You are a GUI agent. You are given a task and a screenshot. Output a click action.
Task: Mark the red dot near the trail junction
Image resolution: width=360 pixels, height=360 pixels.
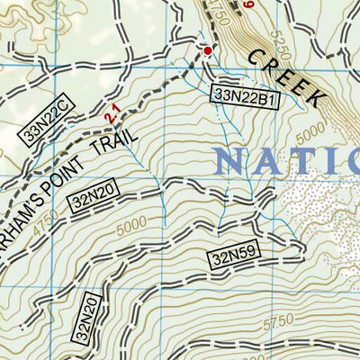(x=208, y=51)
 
